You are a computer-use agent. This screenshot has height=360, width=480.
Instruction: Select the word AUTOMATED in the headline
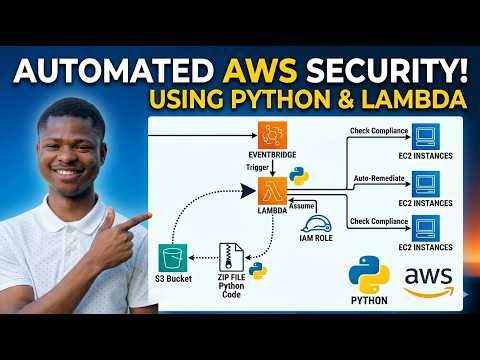[x=113, y=69]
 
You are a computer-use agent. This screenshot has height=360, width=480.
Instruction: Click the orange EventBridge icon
[x=272, y=135]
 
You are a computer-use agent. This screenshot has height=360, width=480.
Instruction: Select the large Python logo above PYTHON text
[x=368, y=274]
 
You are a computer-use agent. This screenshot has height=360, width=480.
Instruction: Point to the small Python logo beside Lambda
[x=298, y=177]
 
